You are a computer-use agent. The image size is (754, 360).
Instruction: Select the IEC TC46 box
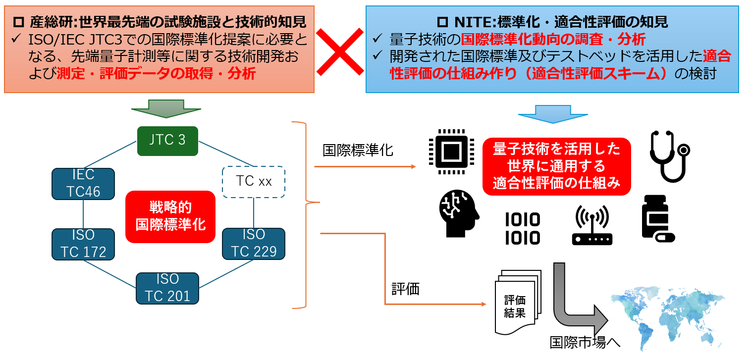[83, 184]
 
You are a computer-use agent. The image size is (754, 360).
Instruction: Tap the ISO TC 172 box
[83, 244]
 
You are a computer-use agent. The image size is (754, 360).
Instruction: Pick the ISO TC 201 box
[167, 288]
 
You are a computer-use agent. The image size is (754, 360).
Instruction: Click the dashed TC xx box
[254, 181]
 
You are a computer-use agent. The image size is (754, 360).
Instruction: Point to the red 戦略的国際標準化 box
[170, 216]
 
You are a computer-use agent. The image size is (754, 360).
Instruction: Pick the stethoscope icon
[669, 156]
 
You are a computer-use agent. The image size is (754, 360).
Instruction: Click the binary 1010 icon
[522, 229]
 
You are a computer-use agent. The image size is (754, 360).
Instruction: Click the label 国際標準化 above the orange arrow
[358, 150]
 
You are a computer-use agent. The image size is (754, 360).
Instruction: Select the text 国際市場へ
[585, 342]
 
